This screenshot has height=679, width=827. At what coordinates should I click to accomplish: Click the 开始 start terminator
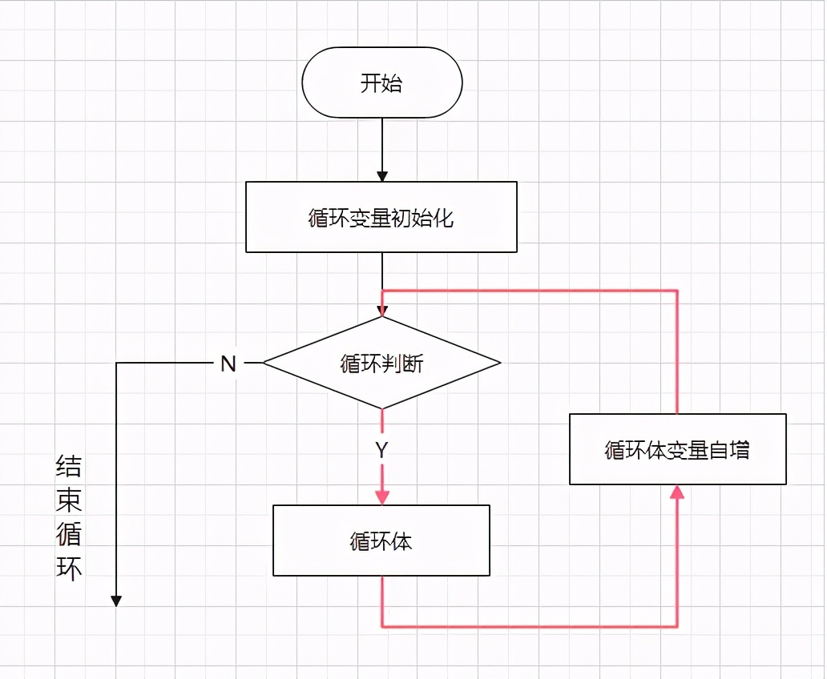pos(381,83)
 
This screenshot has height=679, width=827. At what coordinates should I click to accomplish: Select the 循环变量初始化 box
pos(381,217)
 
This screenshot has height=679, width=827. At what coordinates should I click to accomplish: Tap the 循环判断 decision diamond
pos(381,364)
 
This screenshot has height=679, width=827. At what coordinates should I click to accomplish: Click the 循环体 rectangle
pos(381,540)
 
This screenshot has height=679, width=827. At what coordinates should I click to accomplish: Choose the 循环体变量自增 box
pos(678,449)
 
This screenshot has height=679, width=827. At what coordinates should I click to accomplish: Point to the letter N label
pos(228,364)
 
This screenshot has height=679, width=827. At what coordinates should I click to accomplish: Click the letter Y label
pos(382,451)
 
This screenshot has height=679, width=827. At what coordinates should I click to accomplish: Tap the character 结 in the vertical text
pos(69,467)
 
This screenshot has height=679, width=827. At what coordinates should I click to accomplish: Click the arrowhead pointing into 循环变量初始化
pos(382,175)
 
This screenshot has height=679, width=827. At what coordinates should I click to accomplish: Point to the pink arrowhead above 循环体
pos(382,497)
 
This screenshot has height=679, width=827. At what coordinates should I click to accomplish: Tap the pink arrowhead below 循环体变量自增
pos(678,492)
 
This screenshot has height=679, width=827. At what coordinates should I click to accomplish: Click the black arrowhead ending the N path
pos(116,600)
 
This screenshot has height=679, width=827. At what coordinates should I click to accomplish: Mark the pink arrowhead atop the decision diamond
pos(382,311)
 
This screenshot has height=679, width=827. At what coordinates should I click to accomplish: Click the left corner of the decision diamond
pos(264,364)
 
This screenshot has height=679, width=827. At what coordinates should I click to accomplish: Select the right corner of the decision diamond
pos(500,364)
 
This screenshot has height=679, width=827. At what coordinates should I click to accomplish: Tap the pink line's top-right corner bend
pos(678,290)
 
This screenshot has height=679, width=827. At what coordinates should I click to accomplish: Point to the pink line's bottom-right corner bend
pos(678,626)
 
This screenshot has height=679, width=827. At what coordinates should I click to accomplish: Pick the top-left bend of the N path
pos(116,364)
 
